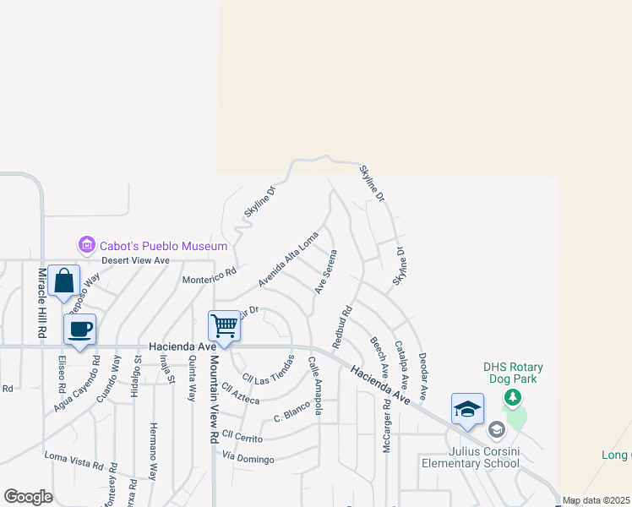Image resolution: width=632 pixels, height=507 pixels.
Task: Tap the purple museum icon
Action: tap(86, 246)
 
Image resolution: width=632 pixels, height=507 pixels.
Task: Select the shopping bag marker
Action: tap(64, 281)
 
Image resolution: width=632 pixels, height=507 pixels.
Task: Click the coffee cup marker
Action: tap(79, 330)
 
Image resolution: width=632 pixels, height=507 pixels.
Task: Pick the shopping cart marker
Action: tap(225, 326)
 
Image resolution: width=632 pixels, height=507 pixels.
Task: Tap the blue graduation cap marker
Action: tap(467, 409)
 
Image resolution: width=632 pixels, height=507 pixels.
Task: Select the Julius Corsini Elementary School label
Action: tap(483, 458)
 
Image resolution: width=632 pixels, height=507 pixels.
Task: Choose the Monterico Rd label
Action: tap(209, 275)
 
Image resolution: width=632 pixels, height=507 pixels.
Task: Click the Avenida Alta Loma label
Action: tap(288, 259)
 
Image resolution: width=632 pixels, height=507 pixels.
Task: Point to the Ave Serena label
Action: tap(326, 272)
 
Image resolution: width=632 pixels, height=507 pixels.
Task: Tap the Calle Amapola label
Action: tap(314, 385)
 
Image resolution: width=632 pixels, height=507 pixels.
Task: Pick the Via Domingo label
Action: tap(248, 459)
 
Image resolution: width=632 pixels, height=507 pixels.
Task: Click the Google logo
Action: tap(28, 497)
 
